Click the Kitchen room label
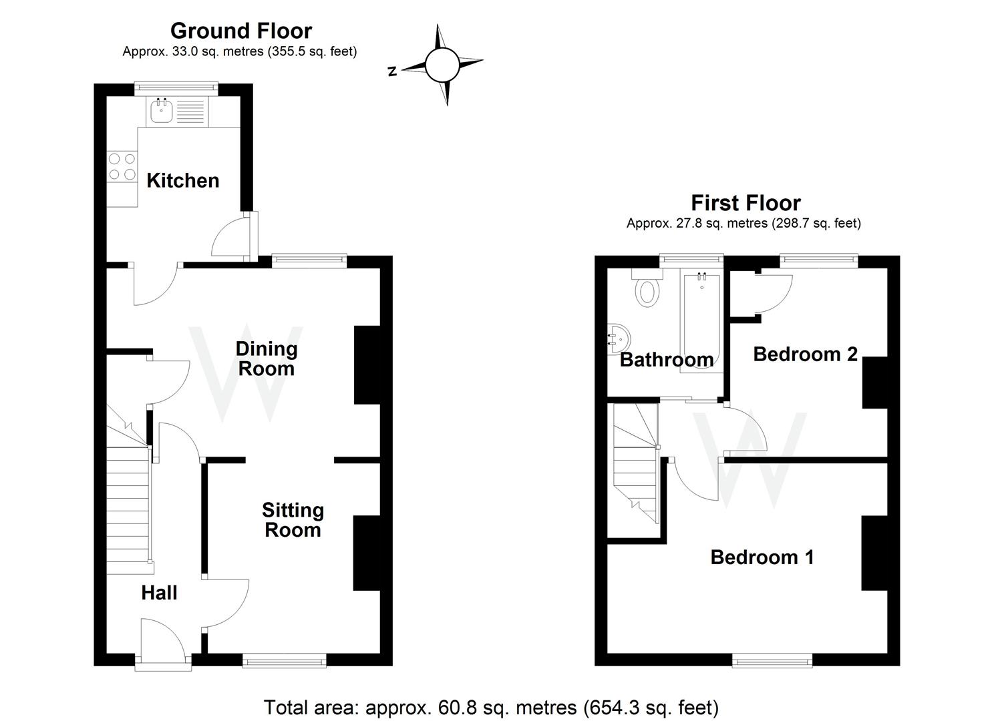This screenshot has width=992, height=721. click(x=182, y=180)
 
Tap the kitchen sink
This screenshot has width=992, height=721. click(x=161, y=111)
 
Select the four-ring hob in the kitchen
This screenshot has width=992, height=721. click(x=122, y=166)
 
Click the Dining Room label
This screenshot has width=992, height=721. click(x=266, y=358)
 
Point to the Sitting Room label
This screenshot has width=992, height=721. click(x=293, y=520)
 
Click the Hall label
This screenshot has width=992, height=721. click(x=159, y=593)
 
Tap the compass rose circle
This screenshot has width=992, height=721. click(x=442, y=65)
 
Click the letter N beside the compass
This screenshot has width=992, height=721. click(x=392, y=71)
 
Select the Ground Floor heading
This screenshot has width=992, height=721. click(x=240, y=31)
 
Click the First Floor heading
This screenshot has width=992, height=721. click(x=746, y=202)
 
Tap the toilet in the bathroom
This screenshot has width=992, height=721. click(x=647, y=291)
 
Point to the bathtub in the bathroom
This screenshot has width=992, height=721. click(x=701, y=320)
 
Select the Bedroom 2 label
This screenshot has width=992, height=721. click(x=805, y=354)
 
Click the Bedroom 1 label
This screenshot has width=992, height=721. click(x=762, y=557)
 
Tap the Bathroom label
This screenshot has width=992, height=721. click(x=666, y=360)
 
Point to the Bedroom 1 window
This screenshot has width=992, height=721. click(x=772, y=661)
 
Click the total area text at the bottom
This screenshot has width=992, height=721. click(x=491, y=707)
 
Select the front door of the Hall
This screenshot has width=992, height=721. click(x=163, y=661)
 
